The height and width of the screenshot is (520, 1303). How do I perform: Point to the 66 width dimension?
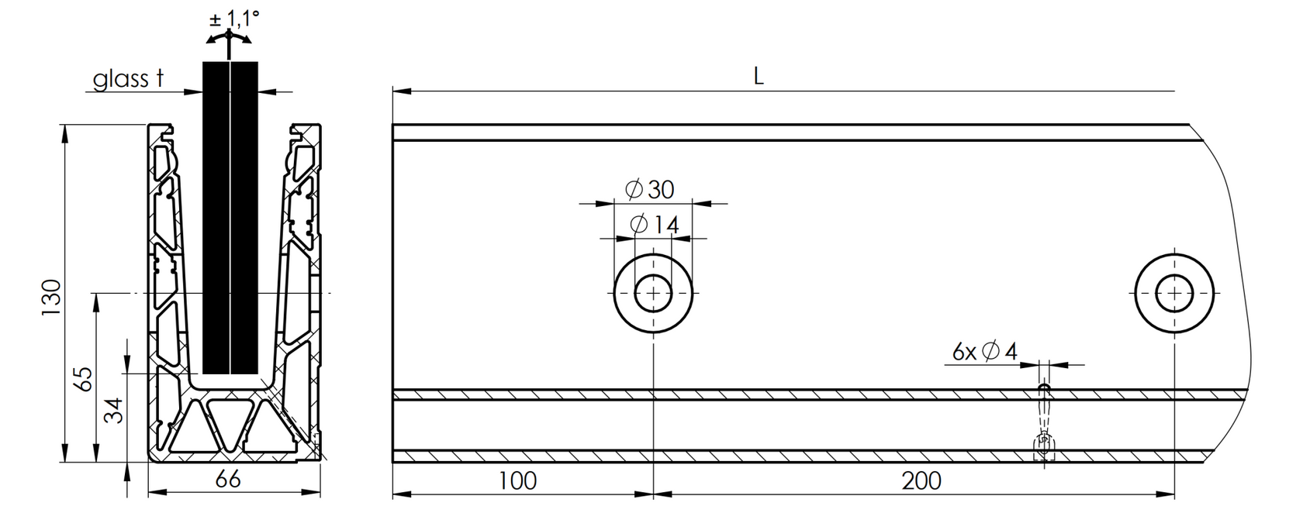click(226, 480)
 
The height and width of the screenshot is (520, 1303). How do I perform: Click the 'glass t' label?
click(129, 78)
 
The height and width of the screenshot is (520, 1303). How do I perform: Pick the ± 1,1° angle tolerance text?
click(233, 19)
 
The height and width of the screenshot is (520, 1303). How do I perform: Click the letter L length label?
click(759, 76)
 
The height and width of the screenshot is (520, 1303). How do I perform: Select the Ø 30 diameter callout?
click(649, 188)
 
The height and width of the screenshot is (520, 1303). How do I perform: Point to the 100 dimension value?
click(517, 480)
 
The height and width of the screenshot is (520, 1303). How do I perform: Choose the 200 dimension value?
click(921, 480)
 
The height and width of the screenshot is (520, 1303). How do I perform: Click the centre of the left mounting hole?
click(654, 294)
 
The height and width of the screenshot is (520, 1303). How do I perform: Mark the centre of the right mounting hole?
click(1174, 294)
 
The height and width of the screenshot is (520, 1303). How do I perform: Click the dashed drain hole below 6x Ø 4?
click(1044, 422)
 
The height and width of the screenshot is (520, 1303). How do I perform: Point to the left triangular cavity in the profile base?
click(188, 431)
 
